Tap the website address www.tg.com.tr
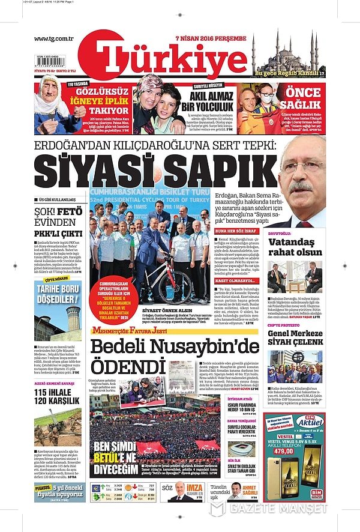coord(53,39)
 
